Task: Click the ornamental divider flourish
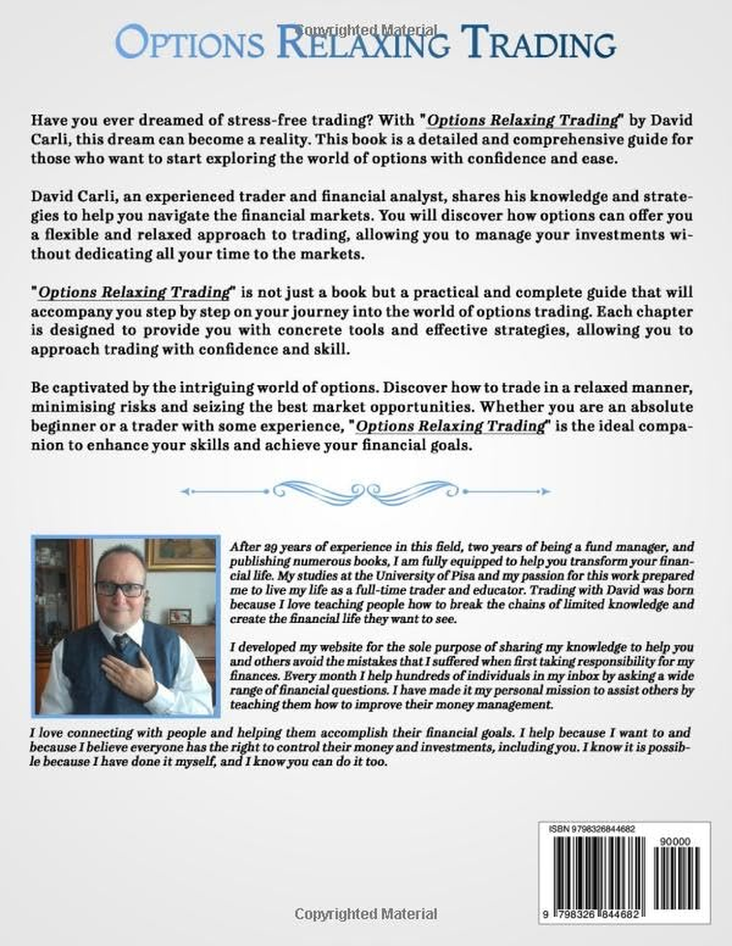click(x=366, y=491)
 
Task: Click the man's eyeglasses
click(x=120, y=589)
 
